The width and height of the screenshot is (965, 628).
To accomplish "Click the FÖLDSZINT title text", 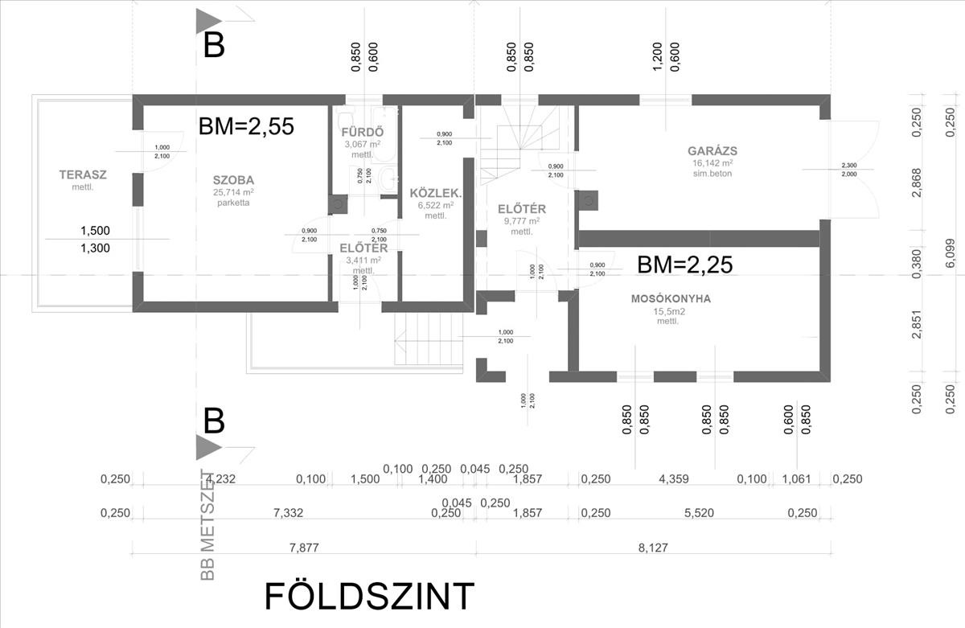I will tap(370, 597).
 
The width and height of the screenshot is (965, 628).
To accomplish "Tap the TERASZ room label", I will tap(83, 174).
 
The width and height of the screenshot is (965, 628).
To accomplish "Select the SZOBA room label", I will tap(234, 180).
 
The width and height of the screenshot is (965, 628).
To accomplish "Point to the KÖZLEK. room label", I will tap(435, 194).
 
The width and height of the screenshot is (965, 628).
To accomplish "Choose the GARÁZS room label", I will tap(712, 150).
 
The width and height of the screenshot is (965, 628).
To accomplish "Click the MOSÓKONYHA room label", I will tap(671, 299).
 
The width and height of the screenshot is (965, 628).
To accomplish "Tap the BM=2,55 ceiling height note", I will tap(246, 125).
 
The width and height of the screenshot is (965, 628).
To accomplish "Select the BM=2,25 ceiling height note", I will tap(684, 265).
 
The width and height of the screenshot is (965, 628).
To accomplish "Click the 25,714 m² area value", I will tap(234, 192).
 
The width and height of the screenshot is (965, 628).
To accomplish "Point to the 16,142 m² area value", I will tap(712, 162).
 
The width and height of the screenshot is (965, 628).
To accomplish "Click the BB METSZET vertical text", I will tap(208, 523).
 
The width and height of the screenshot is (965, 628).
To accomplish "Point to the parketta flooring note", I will tap(234, 203).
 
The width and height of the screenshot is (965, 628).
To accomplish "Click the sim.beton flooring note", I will tap(712, 173).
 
